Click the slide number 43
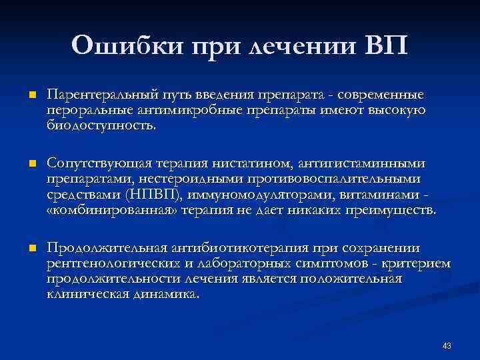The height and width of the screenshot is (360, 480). click(x=447, y=345)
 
